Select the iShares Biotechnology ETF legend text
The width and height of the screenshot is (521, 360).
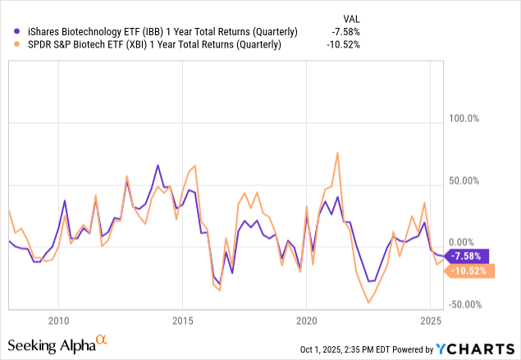tap(157, 32)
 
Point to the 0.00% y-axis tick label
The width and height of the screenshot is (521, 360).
tap(463, 242)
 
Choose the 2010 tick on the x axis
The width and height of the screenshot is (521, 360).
tap(57, 319)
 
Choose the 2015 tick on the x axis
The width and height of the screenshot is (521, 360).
tap(182, 319)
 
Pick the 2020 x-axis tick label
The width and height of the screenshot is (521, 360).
tap(306, 319)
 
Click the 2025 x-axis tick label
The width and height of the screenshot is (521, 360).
tap(430, 319)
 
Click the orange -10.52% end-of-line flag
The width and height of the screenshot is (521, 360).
tap(468, 271)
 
